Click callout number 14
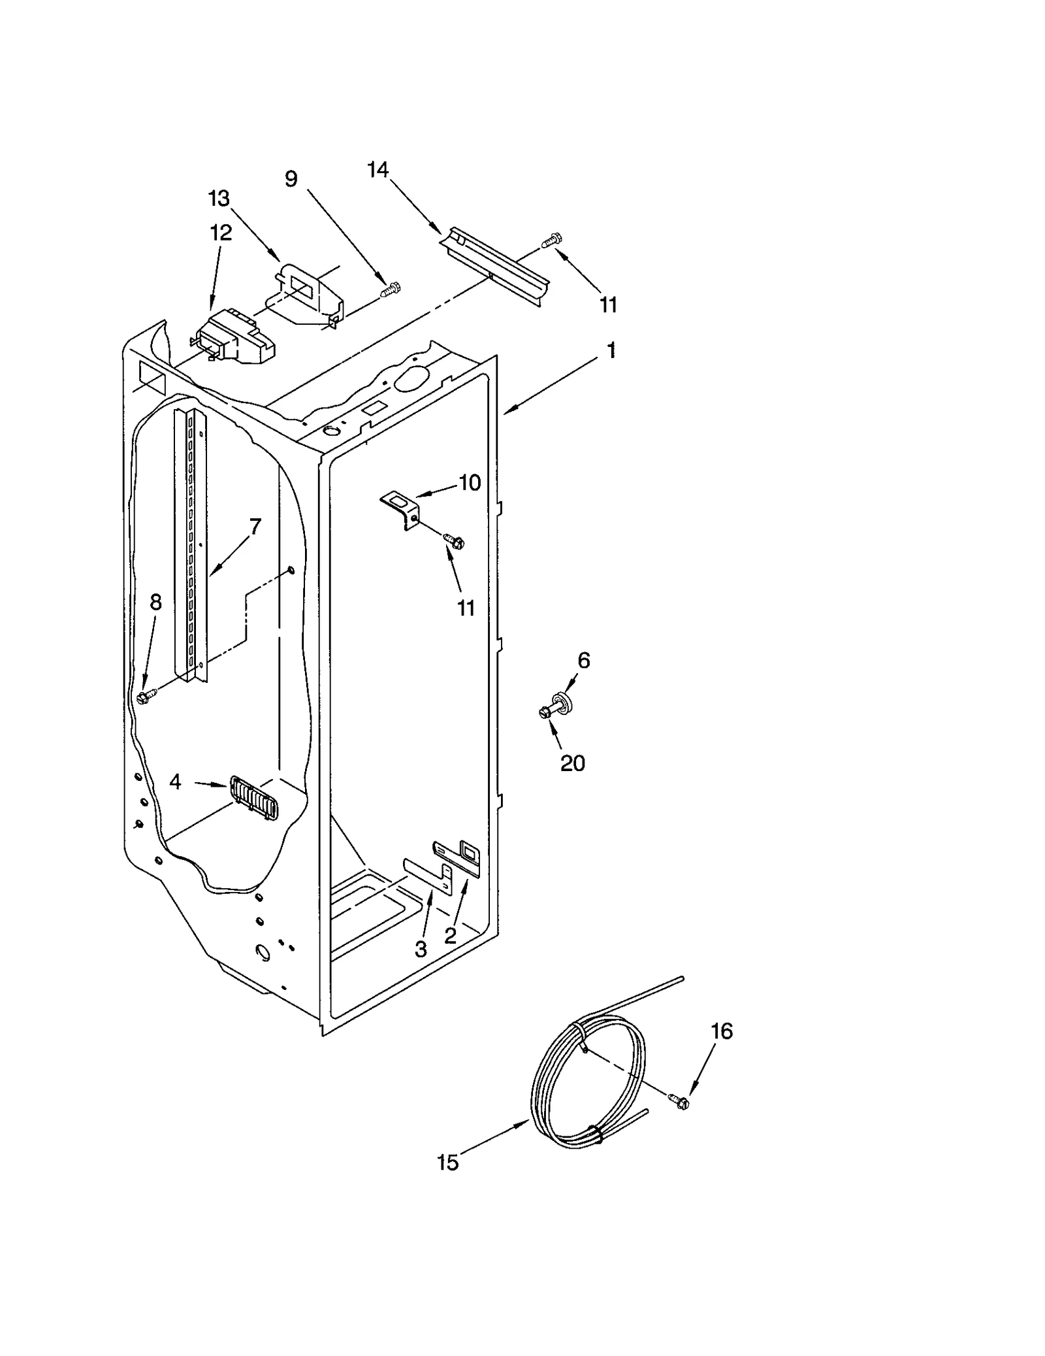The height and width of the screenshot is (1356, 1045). click(378, 170)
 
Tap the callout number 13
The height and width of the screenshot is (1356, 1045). click(219, 198)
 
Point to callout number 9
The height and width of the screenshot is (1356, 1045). click(291, 178)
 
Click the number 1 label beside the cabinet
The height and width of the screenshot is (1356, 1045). click(611, 351)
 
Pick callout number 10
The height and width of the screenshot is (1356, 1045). click(470, 483)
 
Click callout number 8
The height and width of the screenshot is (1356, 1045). click(155, 602)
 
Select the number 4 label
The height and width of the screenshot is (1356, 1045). click(175, 781)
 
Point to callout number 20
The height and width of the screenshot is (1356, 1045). click(573, 763)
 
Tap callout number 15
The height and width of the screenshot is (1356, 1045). click(448, 1181)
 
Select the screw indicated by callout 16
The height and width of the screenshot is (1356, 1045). click(679, 1101)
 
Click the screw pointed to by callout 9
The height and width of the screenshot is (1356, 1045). click(393, 289)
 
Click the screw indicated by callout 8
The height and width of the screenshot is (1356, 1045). click(144, 697)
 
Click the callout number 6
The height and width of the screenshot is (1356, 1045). click(583, 661)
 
